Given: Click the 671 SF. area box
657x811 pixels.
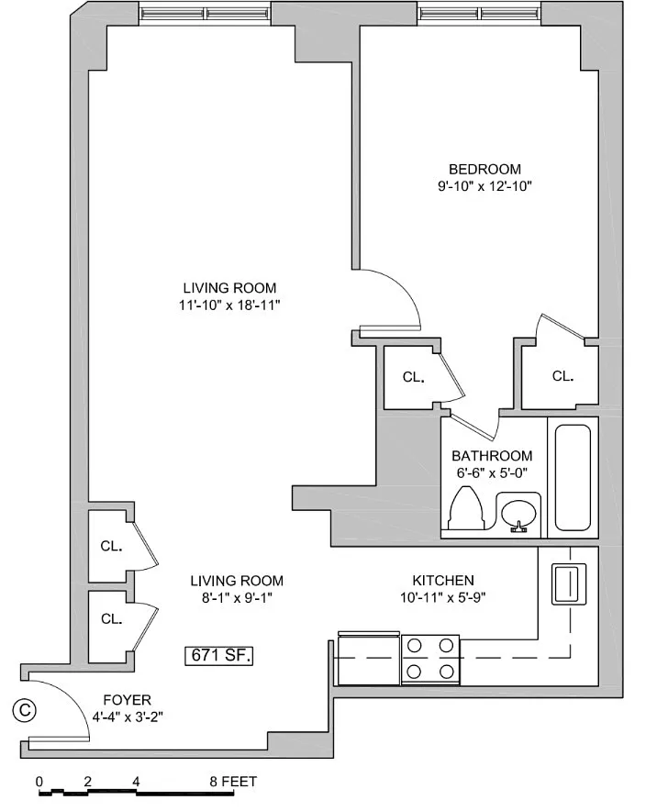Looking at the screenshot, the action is [x=218, y=655].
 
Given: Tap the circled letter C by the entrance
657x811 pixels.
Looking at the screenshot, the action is [x=24, y=710].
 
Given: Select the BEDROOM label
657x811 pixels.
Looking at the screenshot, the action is [x=484, y=169].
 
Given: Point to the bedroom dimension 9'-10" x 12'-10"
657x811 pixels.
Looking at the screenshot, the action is [x=484, y=186].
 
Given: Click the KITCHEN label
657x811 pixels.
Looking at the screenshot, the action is [x=443, y=581].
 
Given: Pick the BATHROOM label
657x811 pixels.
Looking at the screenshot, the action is [x=492, y=456].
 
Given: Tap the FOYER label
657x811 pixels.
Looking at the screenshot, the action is [x=128, y=700].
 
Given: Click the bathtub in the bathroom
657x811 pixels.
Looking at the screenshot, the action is [x=573, y=477].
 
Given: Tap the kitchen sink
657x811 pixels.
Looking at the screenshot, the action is [x=569, y=584].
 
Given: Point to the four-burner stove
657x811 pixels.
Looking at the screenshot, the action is [x=430, y=659].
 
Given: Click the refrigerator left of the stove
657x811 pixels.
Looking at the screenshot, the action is [x=369, y=658].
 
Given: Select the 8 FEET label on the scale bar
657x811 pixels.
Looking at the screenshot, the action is [x=233, y=782].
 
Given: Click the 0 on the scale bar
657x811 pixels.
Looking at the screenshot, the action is [x=39, y=782].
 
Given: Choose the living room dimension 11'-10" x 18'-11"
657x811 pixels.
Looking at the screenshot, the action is [x=229, y=306].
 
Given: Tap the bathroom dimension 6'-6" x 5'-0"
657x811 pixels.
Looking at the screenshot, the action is [x=492, y=472].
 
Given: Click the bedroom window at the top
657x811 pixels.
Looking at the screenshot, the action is [x=481, y=13].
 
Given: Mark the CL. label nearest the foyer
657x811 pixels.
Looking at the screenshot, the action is [x=112, y=618].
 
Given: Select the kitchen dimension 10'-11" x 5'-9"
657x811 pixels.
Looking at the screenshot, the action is [x=443, y=598].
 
